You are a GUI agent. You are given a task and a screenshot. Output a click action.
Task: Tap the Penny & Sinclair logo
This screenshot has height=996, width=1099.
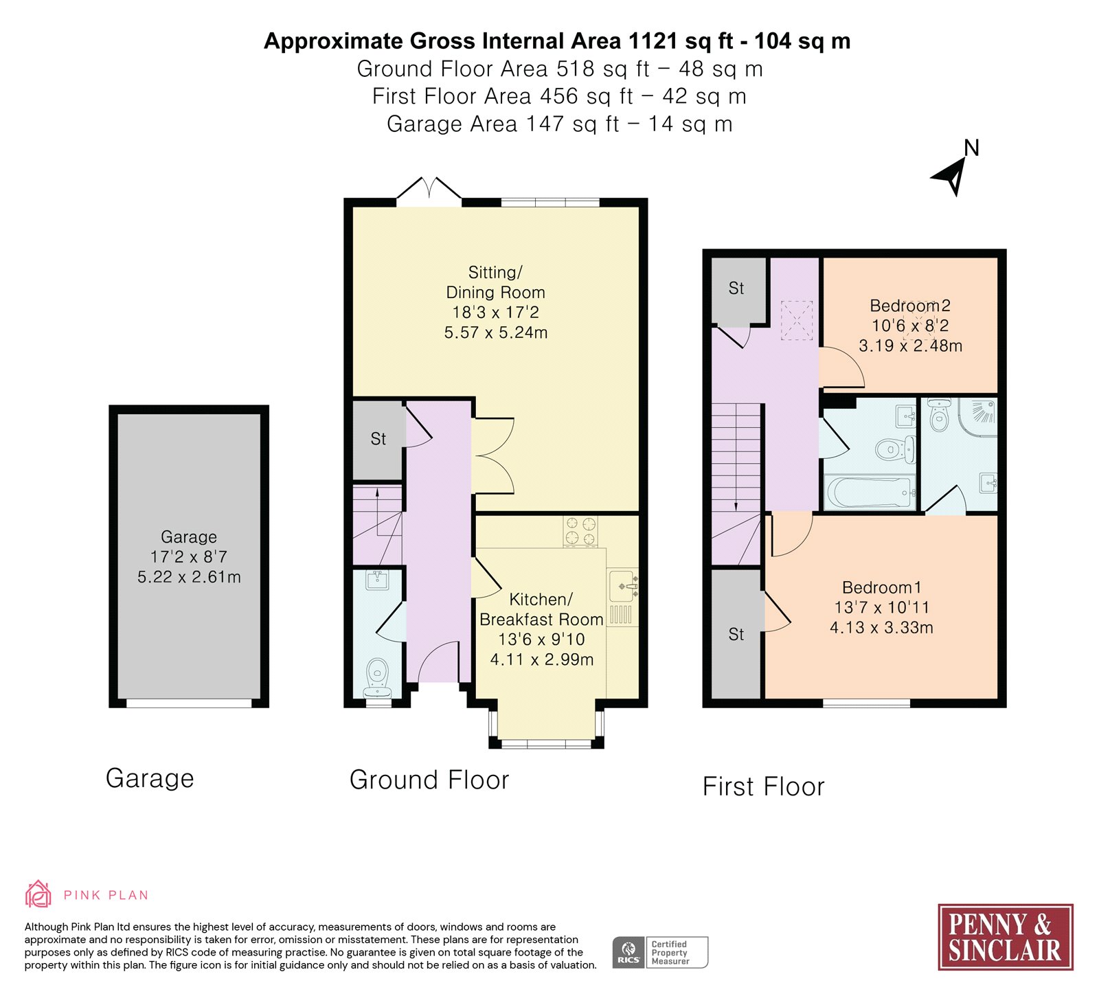point(1006,937)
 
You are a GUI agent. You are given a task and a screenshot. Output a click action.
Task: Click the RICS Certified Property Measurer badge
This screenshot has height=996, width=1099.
point(660,953)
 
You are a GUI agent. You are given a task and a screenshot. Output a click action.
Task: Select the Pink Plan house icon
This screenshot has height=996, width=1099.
point(38,894)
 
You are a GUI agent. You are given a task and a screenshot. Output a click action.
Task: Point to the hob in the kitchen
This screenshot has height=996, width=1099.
point(580,532)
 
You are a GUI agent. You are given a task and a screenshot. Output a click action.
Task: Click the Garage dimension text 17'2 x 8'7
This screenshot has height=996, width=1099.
point(189,557)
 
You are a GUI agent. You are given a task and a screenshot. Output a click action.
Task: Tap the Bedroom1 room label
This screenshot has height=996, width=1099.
point(882,588)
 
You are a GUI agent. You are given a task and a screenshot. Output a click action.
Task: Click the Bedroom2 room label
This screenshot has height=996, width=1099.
point(910,306)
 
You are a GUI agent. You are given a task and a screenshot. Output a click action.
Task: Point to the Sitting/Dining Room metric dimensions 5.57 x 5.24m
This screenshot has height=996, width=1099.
point(496,333)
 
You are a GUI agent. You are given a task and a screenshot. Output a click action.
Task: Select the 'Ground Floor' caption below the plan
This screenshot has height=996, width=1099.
point(429,780)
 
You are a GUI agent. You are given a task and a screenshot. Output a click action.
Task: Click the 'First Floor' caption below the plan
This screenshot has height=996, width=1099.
point(763,787)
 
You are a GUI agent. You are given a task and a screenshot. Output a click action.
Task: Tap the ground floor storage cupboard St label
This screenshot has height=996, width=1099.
point(378,439)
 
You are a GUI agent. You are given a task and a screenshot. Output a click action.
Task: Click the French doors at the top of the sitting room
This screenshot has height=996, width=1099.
point(429,190)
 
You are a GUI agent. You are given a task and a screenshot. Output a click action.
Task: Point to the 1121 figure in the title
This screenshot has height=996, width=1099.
point(653,41)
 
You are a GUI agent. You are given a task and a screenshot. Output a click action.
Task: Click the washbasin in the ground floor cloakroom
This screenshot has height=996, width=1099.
point(377,580)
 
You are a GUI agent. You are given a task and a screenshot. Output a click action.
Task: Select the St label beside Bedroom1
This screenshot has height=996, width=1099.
point(736,635)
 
